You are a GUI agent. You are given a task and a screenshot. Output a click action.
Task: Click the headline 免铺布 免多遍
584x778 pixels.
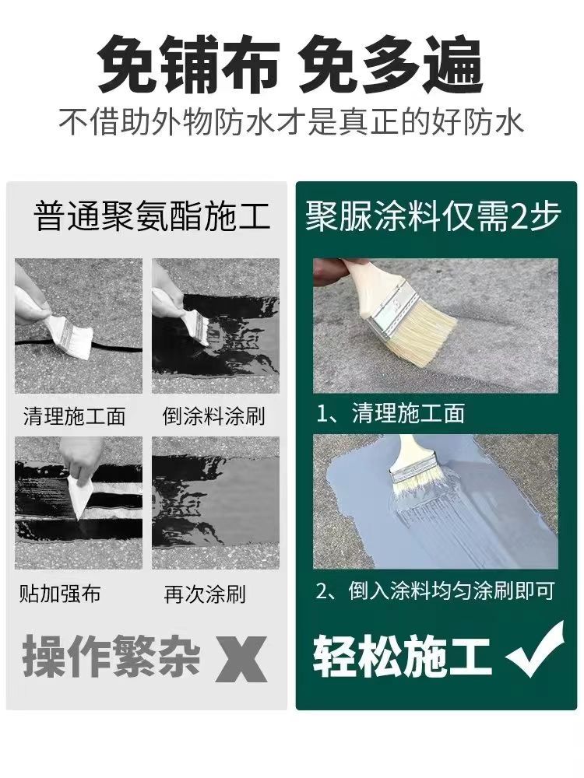(x=290, y=65)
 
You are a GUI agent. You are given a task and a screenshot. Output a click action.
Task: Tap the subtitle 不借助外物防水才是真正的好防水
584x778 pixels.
(x=291, y=122)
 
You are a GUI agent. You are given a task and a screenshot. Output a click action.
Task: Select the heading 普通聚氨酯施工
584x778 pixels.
(x=153, y=217)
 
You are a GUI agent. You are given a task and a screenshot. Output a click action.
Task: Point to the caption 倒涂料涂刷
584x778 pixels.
(x=213, y=415)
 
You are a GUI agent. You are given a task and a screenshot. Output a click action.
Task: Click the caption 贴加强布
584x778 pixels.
(x=60, y=594)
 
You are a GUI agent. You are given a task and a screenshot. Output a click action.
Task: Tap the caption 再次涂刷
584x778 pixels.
(x=205, y=594)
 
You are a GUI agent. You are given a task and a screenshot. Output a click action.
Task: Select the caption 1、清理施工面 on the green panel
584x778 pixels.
(x=390, y=413)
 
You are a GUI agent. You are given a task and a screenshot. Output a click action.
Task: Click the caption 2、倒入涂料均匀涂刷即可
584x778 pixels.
(x=435, y=591)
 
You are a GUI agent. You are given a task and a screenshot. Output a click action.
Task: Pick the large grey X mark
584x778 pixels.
(x=241, y=660)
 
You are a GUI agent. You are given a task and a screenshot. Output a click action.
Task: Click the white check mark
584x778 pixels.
(x=536, y=650)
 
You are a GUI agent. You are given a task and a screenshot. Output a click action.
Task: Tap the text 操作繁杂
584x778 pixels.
(x=111, y=657)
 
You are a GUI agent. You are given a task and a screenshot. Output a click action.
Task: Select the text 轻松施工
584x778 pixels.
(x=402, y=657)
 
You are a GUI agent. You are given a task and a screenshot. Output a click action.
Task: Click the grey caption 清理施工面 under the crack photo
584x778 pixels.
(x=74, y=415)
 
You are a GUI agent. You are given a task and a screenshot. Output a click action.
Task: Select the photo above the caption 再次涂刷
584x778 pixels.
(x=216, y=503)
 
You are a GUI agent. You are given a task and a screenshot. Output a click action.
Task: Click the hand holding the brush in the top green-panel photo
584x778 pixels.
(x=330, y=272)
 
